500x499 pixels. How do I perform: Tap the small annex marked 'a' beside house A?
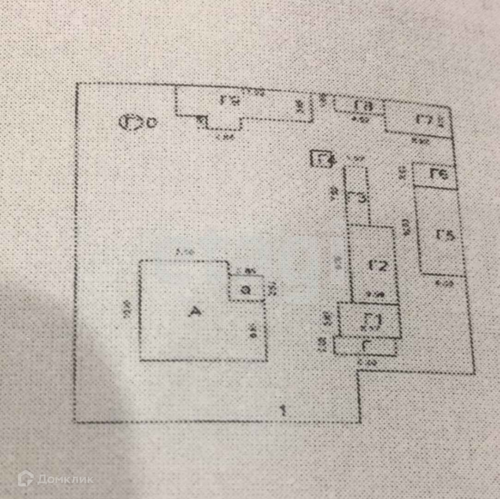247,290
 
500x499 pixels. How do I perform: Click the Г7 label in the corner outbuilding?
424,120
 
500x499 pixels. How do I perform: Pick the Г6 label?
439,175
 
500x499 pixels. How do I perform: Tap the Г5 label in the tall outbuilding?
445,235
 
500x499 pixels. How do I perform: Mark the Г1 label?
371,321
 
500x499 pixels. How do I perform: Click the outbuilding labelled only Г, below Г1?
365,346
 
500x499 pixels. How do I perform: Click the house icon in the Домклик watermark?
25,478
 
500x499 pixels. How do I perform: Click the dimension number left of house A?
128,308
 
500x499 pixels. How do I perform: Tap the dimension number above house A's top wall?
184,252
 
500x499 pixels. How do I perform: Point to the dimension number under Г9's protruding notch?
224,136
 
